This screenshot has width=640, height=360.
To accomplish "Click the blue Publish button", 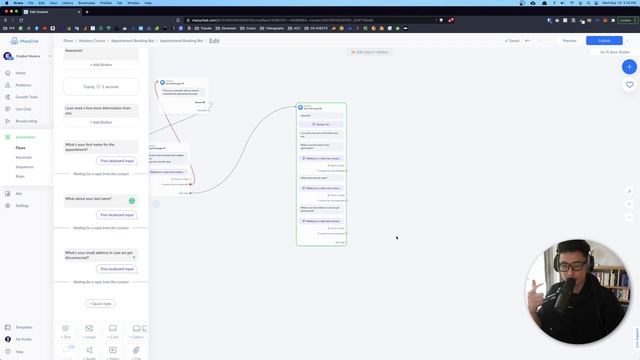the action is (x=604, y=41).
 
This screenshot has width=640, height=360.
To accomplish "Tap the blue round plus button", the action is (x=629, y=67).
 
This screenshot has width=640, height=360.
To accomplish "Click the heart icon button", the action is (x=629, y=85).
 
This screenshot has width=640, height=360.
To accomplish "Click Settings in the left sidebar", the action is (x=22, y=205).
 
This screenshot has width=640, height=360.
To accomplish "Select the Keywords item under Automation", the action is (x=23, y=157).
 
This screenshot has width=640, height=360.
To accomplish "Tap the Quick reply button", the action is (x=100, y=303).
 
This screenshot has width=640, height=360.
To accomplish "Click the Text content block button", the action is (x=66, y=331).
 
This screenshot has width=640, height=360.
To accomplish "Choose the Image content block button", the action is (x=89, y=331).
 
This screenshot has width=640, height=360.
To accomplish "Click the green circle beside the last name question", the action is (x=132, y=201).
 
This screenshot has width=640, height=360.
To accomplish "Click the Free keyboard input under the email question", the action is (x=116, y=269).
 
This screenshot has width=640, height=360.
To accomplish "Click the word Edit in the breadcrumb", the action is (x=214, y=41).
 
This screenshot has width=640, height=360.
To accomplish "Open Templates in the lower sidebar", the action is (x=23, y=327).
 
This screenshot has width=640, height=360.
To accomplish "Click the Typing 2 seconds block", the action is (x=100, y=87).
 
